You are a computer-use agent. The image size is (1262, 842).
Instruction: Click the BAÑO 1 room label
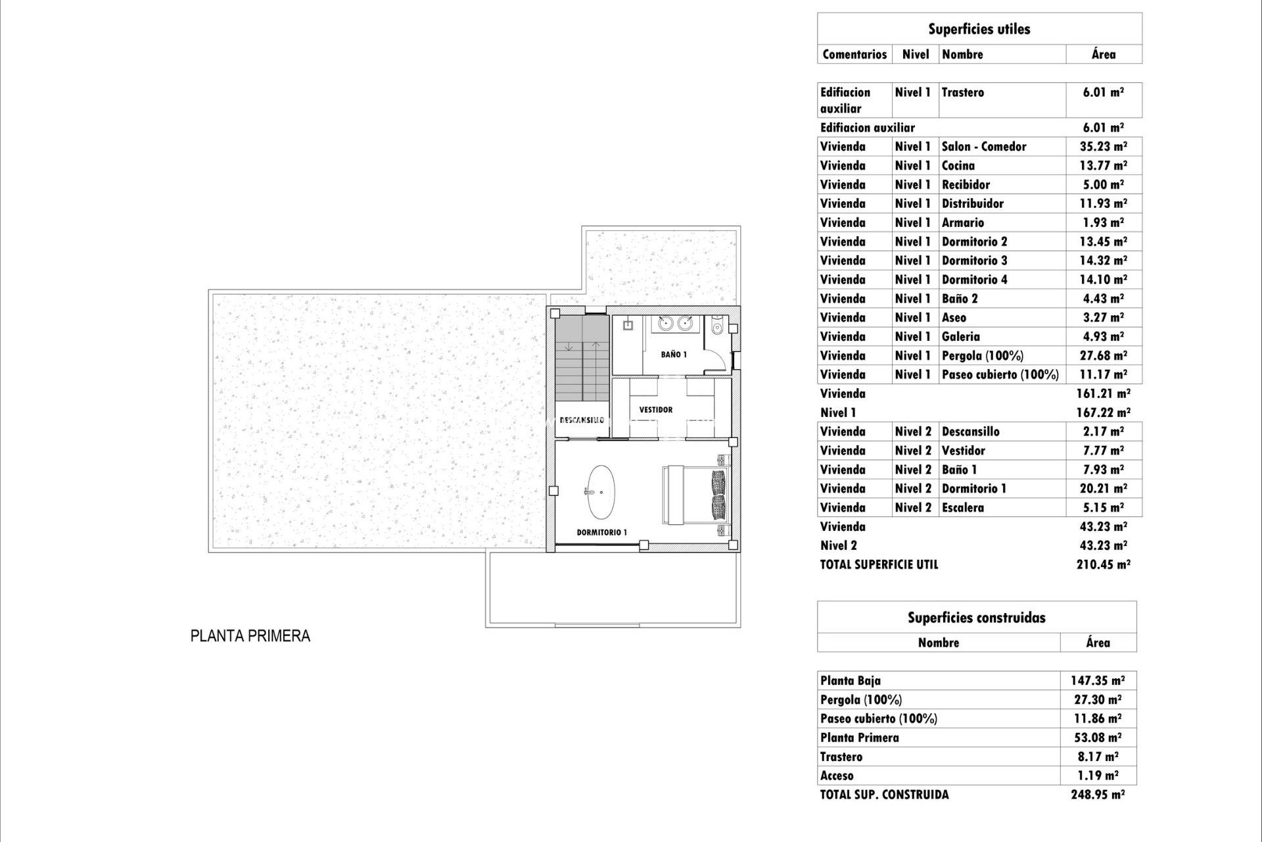(674, 355)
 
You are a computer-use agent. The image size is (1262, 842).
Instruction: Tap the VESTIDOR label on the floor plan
(655, 410)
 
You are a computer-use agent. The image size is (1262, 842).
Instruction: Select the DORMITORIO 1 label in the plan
(601, 532)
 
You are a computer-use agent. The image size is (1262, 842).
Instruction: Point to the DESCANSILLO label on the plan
(582, 420)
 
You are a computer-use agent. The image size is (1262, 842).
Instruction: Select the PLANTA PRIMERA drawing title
(250, 636)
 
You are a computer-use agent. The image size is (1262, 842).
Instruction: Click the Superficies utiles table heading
(979, 29)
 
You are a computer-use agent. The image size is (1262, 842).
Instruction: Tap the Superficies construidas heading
(976, 618)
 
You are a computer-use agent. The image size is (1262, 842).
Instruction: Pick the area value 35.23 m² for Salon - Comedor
(1103, 147)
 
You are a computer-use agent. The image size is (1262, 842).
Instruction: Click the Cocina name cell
(958, 166)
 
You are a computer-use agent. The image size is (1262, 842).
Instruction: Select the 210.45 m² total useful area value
(1103, 564)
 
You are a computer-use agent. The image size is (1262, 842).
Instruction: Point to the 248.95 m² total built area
(1098, 795)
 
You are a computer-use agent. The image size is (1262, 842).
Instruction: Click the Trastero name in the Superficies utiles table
(962, 93)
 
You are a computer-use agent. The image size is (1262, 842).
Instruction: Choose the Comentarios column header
(854, 55)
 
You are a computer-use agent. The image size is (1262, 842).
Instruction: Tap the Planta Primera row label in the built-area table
(859, 737)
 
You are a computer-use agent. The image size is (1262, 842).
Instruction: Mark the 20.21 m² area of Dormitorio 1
(1103, 489)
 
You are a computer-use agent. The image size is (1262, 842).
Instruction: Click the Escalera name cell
(962, 508)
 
